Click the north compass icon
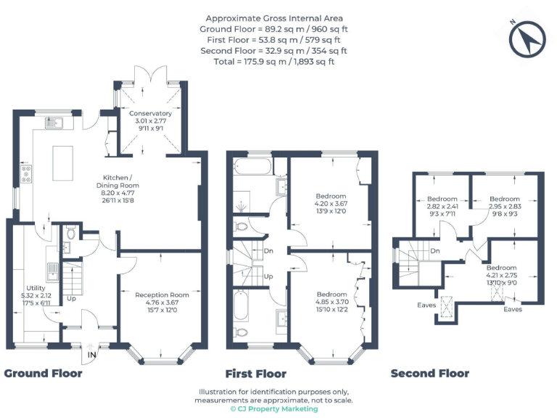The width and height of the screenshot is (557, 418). tap(527, 39)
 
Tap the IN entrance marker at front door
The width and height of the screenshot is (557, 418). tap(91, 355)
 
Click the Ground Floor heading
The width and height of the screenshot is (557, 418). tap(43, 374)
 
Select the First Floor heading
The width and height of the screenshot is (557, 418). tap(256, 374)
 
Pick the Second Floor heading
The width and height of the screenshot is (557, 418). tap(429, 374)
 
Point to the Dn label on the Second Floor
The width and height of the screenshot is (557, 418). tap(435, 251)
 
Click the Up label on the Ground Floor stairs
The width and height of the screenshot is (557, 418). tap(71, 298)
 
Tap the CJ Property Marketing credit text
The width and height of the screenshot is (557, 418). tap(274, 409)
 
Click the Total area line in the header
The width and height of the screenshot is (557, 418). tap(274, 62)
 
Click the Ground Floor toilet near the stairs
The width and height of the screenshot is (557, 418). tap(70, 234)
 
